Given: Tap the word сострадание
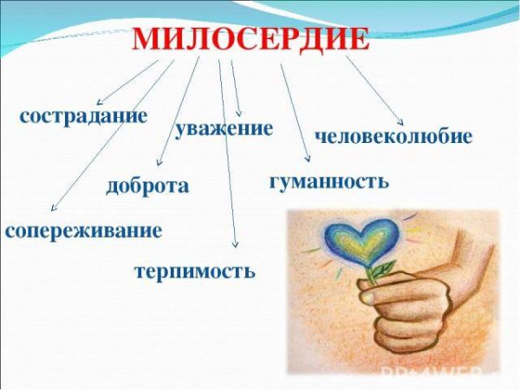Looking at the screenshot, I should (83, 117).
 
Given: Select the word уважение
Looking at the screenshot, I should (224, 129).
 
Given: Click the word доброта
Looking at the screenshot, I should (147, 186).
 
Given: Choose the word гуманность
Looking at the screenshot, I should (328, 182).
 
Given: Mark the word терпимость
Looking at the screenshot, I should (194, 271).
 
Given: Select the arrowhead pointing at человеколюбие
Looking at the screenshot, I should (401, 122).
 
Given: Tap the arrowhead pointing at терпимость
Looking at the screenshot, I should (234, 250).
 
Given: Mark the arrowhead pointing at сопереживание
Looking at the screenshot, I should (54, 210).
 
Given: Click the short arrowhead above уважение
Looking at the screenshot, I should (239, 114).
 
